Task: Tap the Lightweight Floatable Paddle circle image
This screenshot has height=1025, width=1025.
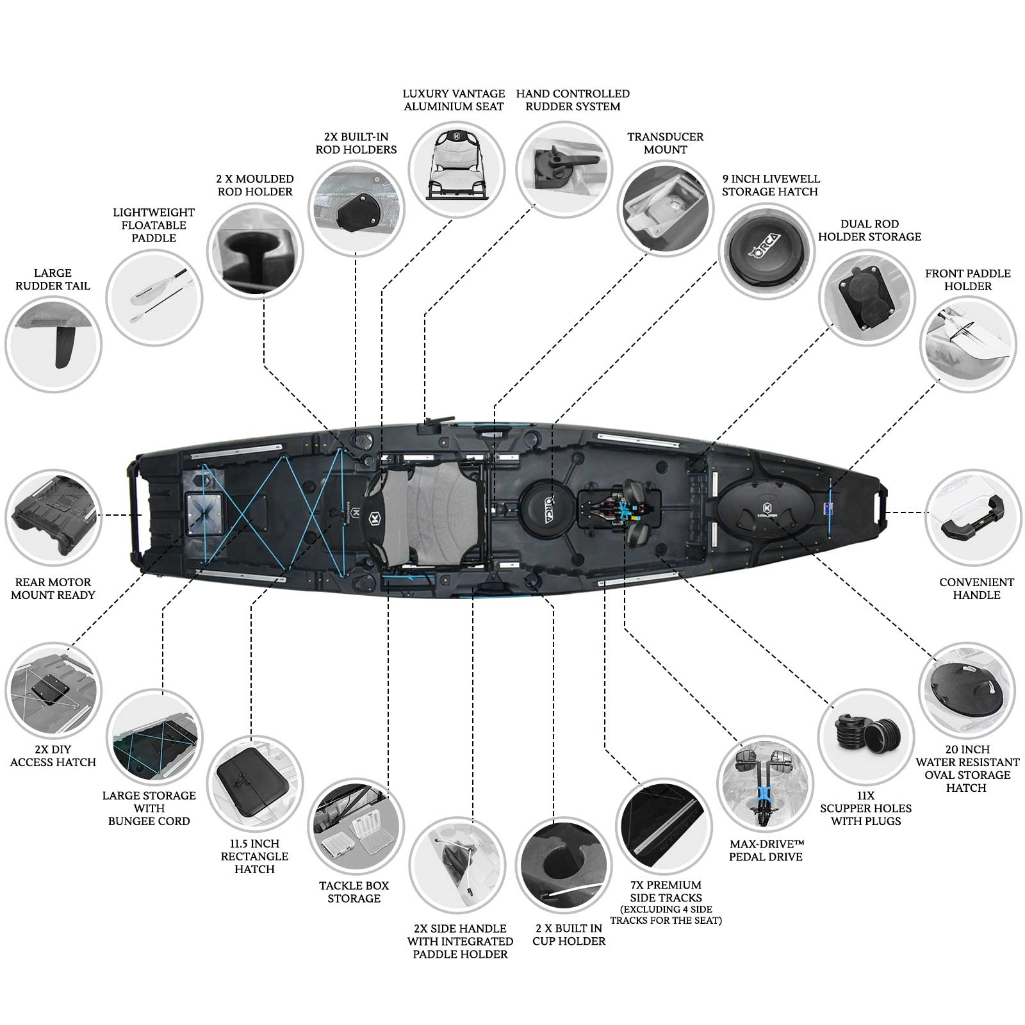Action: tap(154, 298)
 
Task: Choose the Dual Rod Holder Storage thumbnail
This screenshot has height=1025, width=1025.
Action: tap(866, 297)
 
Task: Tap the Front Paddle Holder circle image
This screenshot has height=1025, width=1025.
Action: tap(968, 343)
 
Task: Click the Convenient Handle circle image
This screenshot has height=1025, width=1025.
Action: tap(973, 518)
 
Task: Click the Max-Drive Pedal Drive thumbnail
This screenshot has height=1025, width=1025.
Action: tap(765, 783)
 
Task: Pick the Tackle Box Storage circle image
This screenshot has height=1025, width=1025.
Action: tap(356, 826)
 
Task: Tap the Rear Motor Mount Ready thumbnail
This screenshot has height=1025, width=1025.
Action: tap(53, 518)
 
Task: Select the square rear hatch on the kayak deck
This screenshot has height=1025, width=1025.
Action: tap(205, 513)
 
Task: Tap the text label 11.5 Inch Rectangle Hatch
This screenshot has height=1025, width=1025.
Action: tap(254, 857)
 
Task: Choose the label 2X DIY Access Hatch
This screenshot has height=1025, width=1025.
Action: tap(53, 756)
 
